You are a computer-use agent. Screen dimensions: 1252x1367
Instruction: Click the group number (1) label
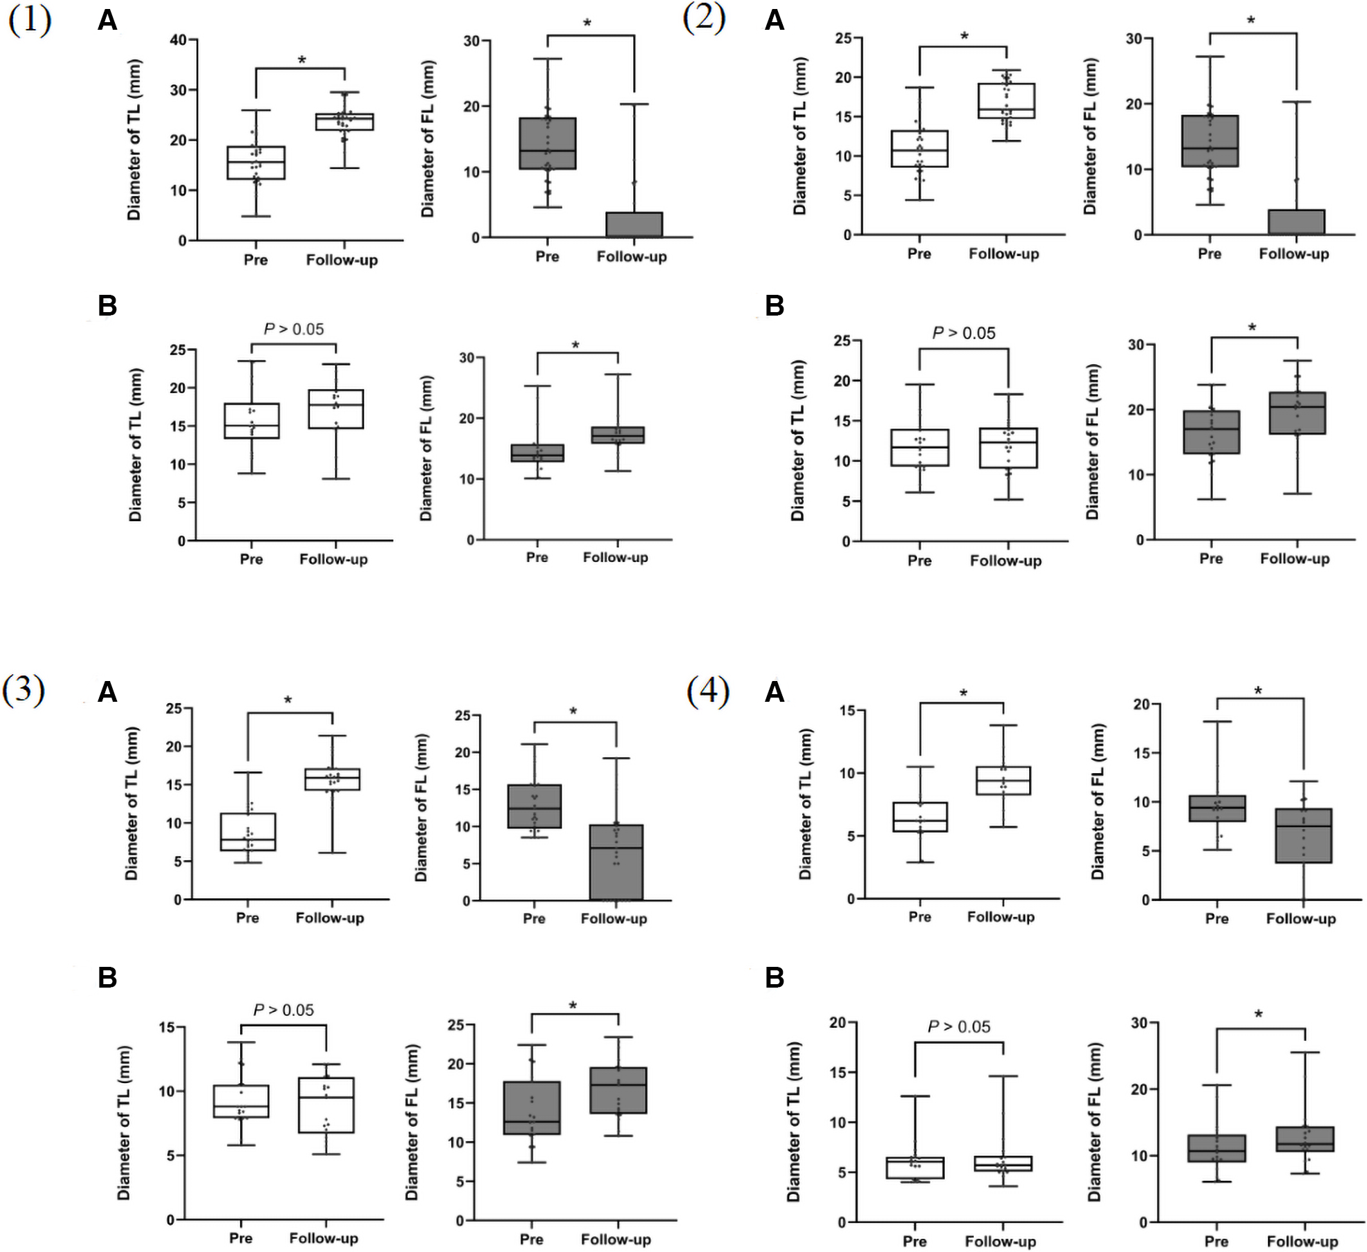29,20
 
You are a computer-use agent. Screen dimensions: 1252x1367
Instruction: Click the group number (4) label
707,691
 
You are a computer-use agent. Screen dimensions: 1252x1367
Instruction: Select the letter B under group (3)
107,978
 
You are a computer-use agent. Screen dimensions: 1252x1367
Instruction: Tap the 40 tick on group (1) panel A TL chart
178,40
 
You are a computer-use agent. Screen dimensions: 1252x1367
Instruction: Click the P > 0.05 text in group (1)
293,329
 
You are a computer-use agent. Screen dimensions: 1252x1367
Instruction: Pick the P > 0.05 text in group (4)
959,1027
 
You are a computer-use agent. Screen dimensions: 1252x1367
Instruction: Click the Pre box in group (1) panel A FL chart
547,143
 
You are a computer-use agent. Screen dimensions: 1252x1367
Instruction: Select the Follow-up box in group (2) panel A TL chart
1006,101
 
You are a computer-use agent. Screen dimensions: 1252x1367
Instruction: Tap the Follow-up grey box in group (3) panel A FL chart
616,862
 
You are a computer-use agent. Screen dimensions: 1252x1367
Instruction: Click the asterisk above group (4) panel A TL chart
963,693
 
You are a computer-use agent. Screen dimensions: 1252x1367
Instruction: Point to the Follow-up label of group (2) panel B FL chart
1294,559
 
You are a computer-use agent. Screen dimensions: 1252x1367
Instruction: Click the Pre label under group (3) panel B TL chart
240,1238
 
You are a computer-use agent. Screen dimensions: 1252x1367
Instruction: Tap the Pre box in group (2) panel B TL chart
919,448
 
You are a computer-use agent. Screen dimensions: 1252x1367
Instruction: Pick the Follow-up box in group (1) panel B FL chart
617,435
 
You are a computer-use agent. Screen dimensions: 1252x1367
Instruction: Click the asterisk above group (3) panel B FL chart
572,1006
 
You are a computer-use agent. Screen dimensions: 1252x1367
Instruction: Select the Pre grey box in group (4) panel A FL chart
1217,808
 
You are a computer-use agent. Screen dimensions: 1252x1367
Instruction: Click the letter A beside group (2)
774,20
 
